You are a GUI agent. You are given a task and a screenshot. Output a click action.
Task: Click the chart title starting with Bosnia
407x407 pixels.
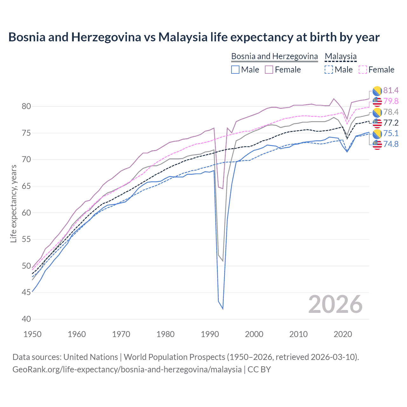(x=194, y=37)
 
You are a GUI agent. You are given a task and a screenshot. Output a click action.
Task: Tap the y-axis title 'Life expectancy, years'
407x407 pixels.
(x=13, y=204)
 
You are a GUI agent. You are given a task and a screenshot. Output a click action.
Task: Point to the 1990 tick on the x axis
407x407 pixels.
(x=210, y=334)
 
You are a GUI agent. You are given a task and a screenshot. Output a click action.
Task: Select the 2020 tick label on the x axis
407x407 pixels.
(x=343, y=334)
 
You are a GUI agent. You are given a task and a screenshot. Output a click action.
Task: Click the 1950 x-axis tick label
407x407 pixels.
(x=33, y=334)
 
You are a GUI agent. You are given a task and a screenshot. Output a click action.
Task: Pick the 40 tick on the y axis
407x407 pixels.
(x=26, y=319)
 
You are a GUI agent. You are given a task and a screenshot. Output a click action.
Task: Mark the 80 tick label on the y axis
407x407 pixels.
(x=26, y=106)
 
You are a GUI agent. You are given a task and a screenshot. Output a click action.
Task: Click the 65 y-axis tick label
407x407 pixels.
(x=26, y=186)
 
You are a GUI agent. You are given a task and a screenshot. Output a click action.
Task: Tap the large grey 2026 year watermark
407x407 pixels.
(x=335, y=305)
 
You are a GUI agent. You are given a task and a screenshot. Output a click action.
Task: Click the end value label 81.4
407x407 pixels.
(x=391, y=91)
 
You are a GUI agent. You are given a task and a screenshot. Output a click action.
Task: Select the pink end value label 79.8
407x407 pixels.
(x=391, y=101)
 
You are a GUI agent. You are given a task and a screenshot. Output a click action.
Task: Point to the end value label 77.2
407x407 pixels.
(x=391, y=123)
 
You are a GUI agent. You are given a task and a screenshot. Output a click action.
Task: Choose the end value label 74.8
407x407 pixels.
(x=391, y=144)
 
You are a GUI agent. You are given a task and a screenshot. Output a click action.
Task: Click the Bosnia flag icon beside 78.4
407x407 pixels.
(x=377, y=112)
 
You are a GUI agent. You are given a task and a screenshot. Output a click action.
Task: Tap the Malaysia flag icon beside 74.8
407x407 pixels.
(x=377, y=144)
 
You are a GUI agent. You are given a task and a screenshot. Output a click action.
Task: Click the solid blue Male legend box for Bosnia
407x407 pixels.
(x=235, y=70)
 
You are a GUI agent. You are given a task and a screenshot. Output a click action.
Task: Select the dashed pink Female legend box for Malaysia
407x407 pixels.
(x=363, y=70)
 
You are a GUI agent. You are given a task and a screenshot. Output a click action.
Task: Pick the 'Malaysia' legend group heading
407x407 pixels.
(x=341, y=56)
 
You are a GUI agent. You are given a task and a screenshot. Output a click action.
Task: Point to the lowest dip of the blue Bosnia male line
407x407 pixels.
(x=223, y=309)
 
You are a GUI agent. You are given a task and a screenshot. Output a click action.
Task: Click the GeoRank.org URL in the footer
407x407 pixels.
(x=127, y=369)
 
